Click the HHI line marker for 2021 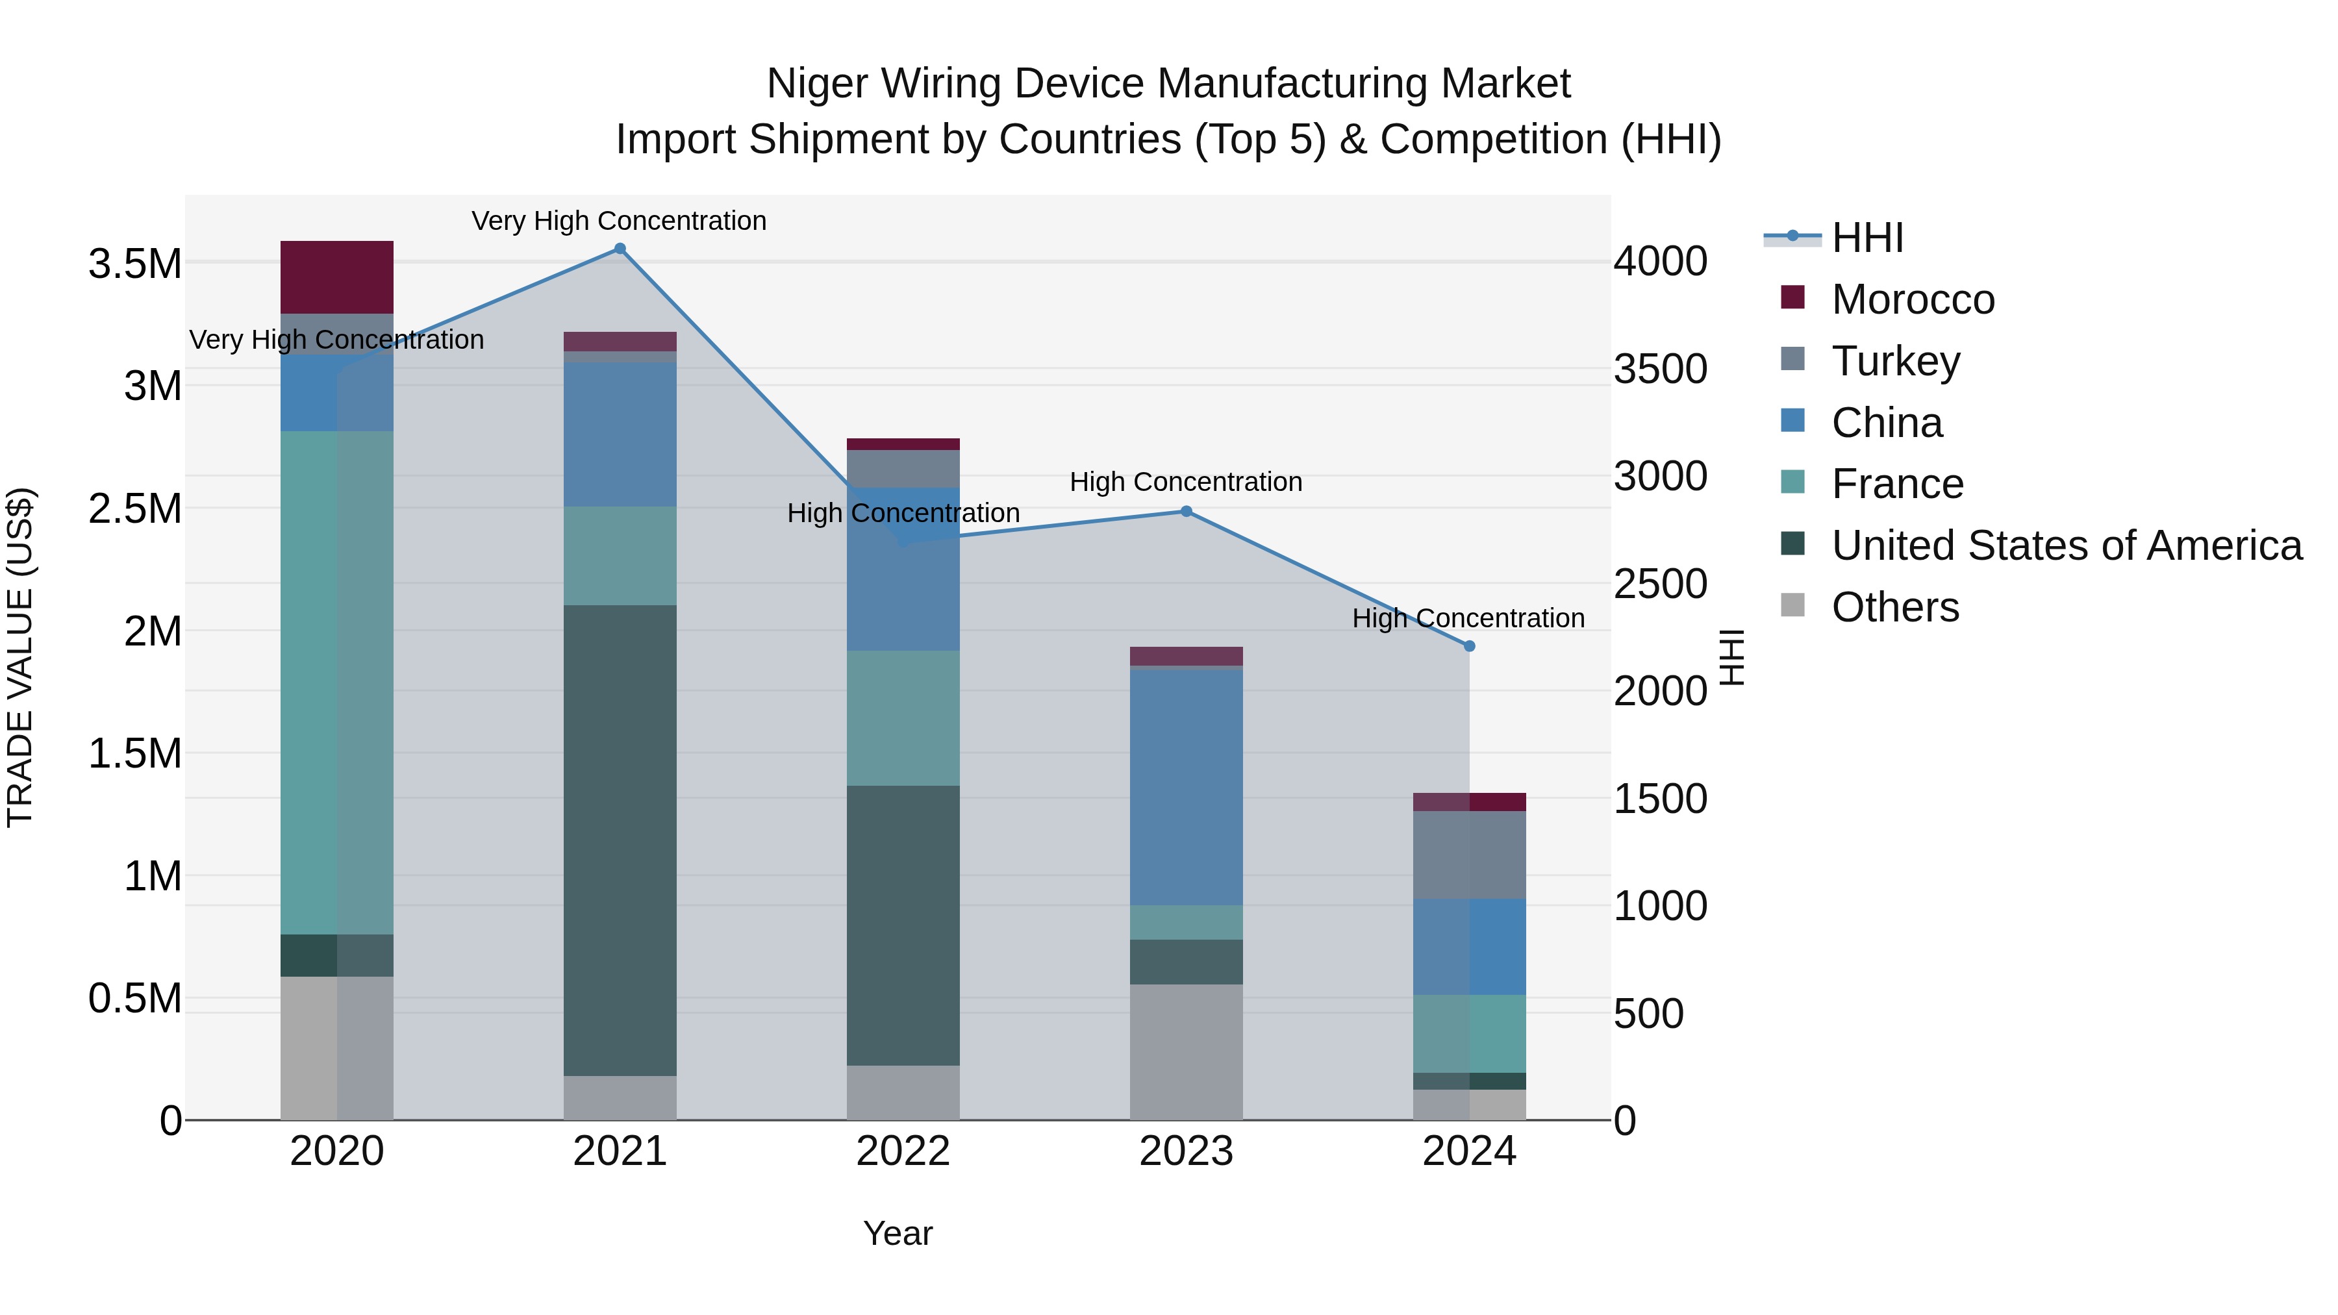click(620, 249)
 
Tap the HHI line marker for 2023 click(1187, 512)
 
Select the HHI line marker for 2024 click(1470, 646)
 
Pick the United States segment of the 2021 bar click(620, 840)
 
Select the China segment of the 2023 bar click(1187, 786)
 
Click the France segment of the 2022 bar click(903, 718)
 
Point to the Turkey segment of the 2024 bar click(1470, 854)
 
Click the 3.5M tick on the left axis click(135, 264)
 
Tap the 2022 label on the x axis click(903, 1151)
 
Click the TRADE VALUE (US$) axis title click(20, 657)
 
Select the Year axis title click(898, 1233)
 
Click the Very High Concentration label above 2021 click(619, 221)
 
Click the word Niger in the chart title click(819, 84)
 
